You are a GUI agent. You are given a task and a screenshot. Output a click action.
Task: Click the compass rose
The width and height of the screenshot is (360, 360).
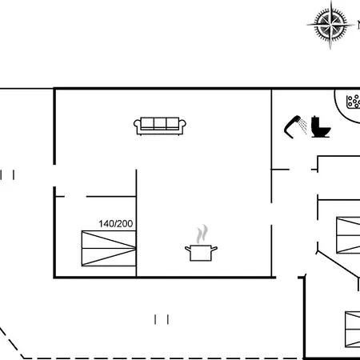[x=330, y=25]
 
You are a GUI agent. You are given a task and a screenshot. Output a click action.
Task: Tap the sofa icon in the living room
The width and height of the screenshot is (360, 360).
[x=160, y=126]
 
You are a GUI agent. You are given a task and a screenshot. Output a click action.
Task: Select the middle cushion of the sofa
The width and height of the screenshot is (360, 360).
[x=160, y=123]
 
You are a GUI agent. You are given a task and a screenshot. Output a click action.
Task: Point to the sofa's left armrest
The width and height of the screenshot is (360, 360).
[x=137, y=126]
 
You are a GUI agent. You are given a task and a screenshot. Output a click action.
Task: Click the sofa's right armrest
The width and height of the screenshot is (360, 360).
[x=182, y=126]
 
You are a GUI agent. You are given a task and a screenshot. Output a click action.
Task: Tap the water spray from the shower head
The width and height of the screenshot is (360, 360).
[x=303, y=126]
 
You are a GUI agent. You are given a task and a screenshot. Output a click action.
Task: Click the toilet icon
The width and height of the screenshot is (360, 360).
[x=321, y=127]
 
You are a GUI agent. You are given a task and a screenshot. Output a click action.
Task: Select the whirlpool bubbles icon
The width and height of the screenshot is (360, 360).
[x=354, y=102]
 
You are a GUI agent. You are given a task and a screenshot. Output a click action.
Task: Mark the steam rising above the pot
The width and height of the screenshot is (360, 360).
[x=202, y=234]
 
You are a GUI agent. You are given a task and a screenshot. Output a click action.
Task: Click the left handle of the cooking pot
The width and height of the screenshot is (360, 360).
[x=188, y=249]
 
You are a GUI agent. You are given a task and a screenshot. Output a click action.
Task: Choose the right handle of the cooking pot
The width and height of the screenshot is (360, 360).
[x=214, y=249]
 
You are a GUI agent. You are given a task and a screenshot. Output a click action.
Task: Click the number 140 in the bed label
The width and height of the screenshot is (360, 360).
[x=106, y=223]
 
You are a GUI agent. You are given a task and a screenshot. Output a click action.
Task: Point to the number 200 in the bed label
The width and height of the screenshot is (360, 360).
[x=125, y=223]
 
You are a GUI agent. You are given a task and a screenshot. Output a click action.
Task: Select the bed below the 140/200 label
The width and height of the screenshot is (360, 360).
[x=109, y=248]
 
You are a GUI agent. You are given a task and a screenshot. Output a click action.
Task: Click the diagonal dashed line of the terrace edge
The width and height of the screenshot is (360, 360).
[x=12, y=343]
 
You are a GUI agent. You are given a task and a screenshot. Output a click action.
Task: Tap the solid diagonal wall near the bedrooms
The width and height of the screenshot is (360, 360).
[x=338, y=264]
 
